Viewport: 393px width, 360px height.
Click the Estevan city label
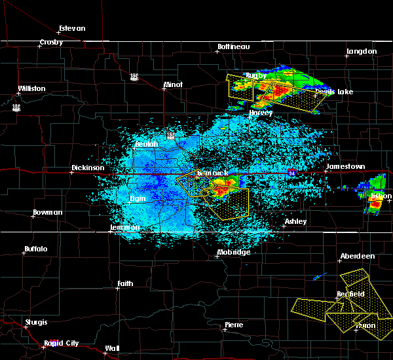point(72,28)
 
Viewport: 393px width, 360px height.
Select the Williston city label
point(32,88)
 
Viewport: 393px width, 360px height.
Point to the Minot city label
point(173,85)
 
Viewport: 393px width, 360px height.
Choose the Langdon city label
point(362,51)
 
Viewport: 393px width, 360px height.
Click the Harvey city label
point(260,113)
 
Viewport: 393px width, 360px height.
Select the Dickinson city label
point(88,168)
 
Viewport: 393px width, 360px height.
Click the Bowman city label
point(48,213)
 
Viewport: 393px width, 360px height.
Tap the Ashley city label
point(295,222)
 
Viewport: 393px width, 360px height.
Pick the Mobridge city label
point(234,252)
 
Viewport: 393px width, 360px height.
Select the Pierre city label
point(234,325)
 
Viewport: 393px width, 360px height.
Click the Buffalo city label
point(35,249)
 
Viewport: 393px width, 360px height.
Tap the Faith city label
point(125,283)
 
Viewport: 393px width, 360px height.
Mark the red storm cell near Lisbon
point(375,205)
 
